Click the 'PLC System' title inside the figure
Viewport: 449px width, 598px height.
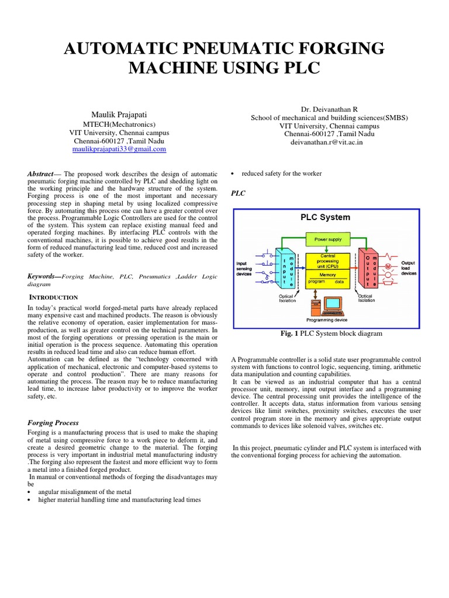click(325, 217)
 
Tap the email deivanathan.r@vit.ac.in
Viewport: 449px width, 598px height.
click(329, 142)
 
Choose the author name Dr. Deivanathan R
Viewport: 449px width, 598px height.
click(329, 109)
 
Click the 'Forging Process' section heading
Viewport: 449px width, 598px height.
click(53, 422)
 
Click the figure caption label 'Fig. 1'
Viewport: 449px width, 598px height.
click(290, 333)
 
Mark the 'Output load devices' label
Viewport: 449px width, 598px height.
click(409, 267)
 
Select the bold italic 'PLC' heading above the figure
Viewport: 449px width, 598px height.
click(238, 193)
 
